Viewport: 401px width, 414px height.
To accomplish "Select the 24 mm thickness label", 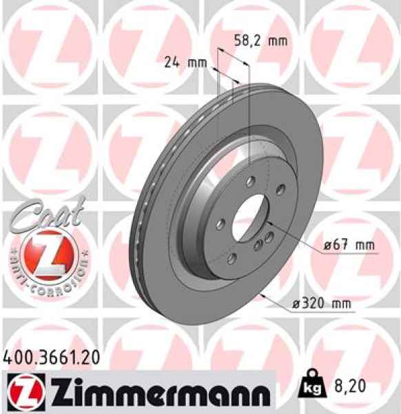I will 186,63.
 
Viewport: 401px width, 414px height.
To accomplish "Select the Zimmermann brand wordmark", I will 155,391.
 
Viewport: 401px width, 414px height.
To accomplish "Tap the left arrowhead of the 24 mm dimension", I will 215,70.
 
